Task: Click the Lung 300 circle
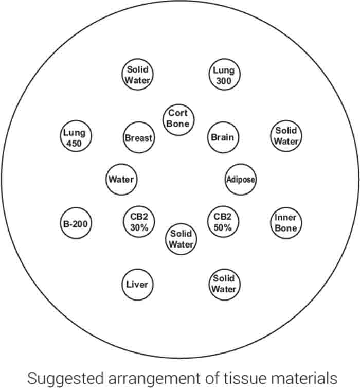tap(223, 76)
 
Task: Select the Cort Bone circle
tap(178, 119)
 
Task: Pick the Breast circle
tap(139, 137)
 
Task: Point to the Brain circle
tap(223, 137)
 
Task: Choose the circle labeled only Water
tap(121, 180)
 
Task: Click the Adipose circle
tap(241, 180)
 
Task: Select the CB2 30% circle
tap(139, 222)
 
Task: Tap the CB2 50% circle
tap(223, 222)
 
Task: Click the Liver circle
tap(137, 284)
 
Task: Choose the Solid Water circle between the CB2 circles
tap(181, 239)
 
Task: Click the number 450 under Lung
tap(75, 143)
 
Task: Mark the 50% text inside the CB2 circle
tap(223, 227)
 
